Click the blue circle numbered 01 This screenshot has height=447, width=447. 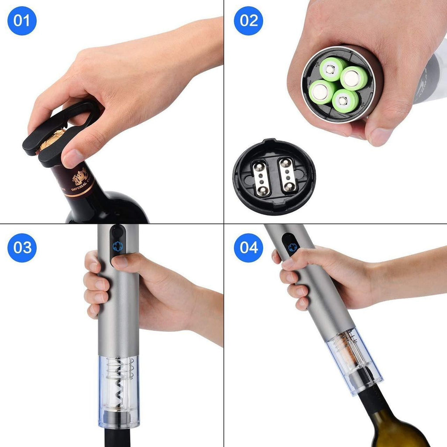[22, 21]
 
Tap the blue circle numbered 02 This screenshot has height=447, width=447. [248, 21]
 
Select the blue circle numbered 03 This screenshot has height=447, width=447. [22, 248]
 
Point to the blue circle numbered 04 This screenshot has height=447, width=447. [248, 248]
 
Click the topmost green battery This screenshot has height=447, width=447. [333, 69]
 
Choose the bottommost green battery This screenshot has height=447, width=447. [345, 101]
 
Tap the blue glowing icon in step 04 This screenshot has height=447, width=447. [292, 248]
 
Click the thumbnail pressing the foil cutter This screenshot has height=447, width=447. [72, 158]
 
